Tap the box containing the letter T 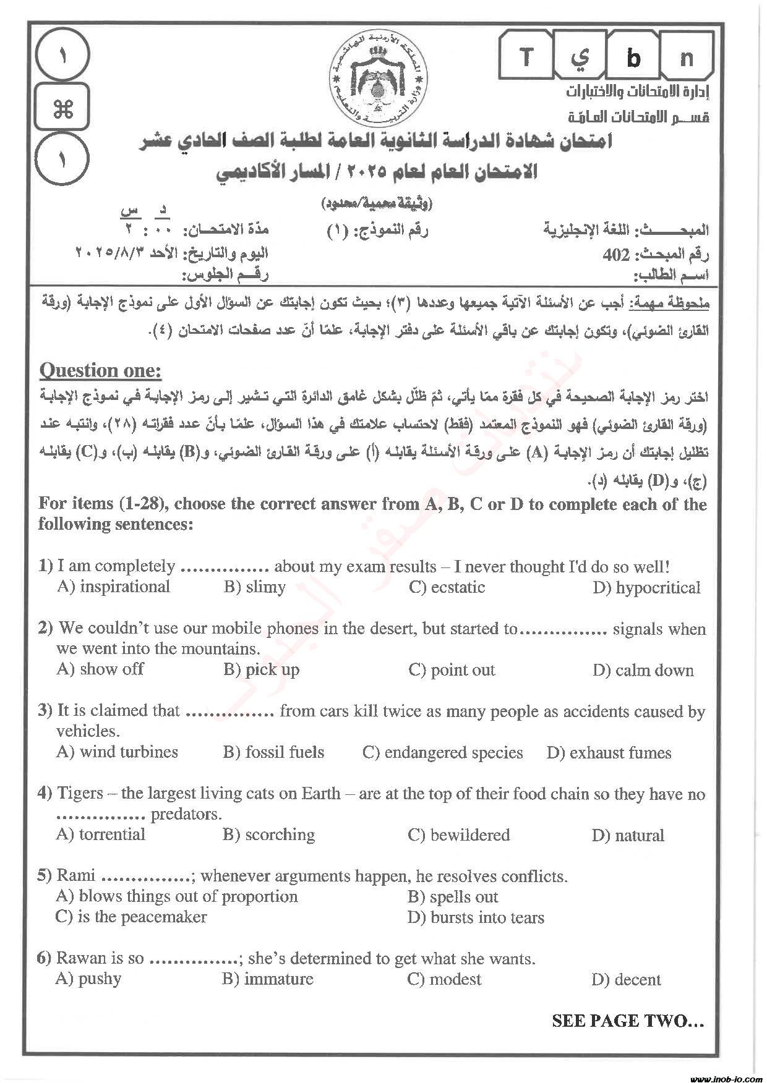[526, 57]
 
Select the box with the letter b [633, 57]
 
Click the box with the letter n [687, 57]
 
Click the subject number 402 [616, 255]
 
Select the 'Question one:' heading [100, 371]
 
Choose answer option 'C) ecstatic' [447, 587]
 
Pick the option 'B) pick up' [261, 669]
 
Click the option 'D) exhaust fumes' [609, 753]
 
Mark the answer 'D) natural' [628, 836]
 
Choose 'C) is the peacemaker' [131, 917]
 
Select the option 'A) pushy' [88, 979]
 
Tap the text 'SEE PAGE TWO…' [628, 1021]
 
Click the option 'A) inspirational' [113, 587]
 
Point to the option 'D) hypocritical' [646, 588]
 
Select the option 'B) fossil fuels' [273, 752]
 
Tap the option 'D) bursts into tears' [476, 918]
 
